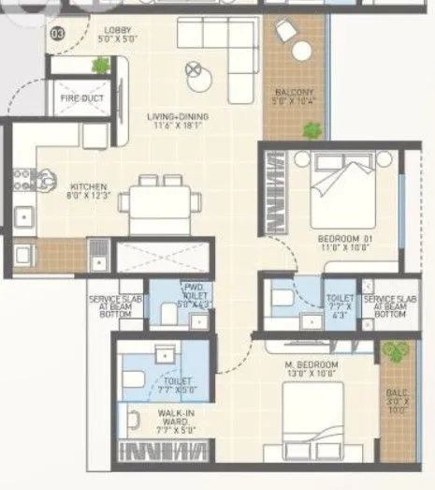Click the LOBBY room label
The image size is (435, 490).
118,31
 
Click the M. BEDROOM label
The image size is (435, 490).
312,364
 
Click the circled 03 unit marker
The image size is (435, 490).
57,35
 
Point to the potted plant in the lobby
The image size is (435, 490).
101,65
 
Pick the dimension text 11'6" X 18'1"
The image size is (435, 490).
177,127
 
